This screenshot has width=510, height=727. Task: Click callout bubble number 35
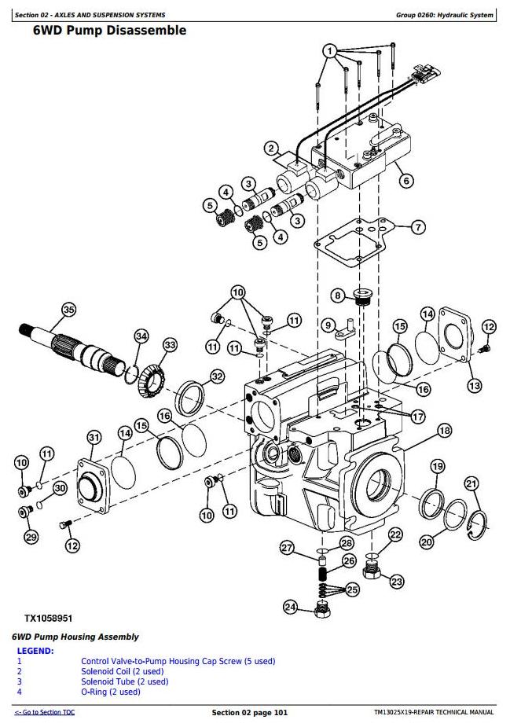[68, 310]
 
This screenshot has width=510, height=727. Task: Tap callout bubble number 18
[445, 430]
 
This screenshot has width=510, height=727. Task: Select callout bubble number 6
[406, 180]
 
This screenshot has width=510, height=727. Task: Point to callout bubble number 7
[418, 227]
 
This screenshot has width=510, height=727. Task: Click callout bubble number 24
[291, 607]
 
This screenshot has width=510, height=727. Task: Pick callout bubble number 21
[471, 483]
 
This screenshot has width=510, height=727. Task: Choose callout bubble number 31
[94, 437]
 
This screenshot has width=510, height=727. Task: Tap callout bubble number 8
[337, 296]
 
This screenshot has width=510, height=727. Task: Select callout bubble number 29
[31, 538]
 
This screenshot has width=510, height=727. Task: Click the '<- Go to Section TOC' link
[45, 712]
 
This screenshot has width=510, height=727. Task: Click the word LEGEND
[35, 651]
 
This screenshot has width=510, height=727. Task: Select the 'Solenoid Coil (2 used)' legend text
[123, 671]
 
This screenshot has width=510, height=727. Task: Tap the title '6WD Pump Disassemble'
[109, 31]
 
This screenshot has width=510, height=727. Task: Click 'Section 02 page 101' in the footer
[250, 712]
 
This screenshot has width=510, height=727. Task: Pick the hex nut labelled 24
[321, 609]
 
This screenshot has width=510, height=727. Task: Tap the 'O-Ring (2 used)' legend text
[110, 692]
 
